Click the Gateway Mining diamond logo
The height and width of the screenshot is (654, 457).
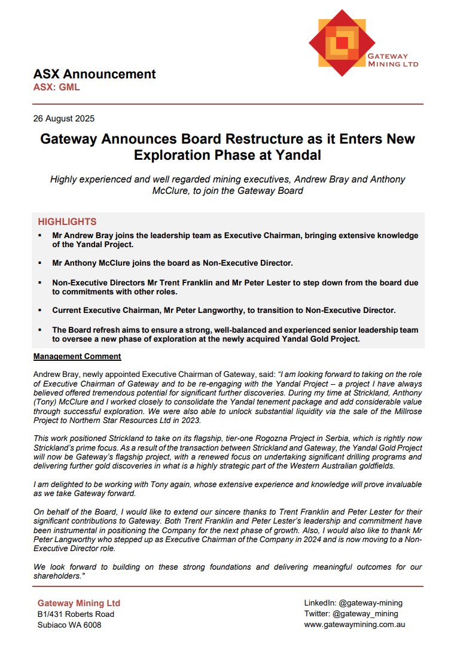pyautogui.click(x=342, y=43)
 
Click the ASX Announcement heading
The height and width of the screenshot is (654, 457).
pyautogui.click(x=95, y=74)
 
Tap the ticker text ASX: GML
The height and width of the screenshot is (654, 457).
pyautogui.click(x=56, y=87)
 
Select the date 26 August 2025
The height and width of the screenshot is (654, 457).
pyautogui.click(x=64, y=118)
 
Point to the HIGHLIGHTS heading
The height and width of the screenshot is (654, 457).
pyautogui.click(x=67, y=221)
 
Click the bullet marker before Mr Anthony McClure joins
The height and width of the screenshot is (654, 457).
pyautogui.click(x=40, y=263)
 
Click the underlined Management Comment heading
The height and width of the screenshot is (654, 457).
pyautogui.click(x=77, y=357)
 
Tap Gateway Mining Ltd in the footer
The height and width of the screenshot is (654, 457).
pyautogui.click(x=79, y=603)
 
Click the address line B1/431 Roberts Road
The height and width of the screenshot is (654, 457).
pyautogui.click(x=76, y=614)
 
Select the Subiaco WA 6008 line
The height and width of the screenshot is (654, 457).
pyautogui.click(x=69, y=625)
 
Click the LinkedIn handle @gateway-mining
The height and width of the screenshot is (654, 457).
pyautogui.click(x=370, y=603)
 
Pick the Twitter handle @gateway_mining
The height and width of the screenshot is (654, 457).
pyautogui.click(x=366, y=613)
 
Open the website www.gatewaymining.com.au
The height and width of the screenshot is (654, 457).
pyautogui.click(x=355, y=624)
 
